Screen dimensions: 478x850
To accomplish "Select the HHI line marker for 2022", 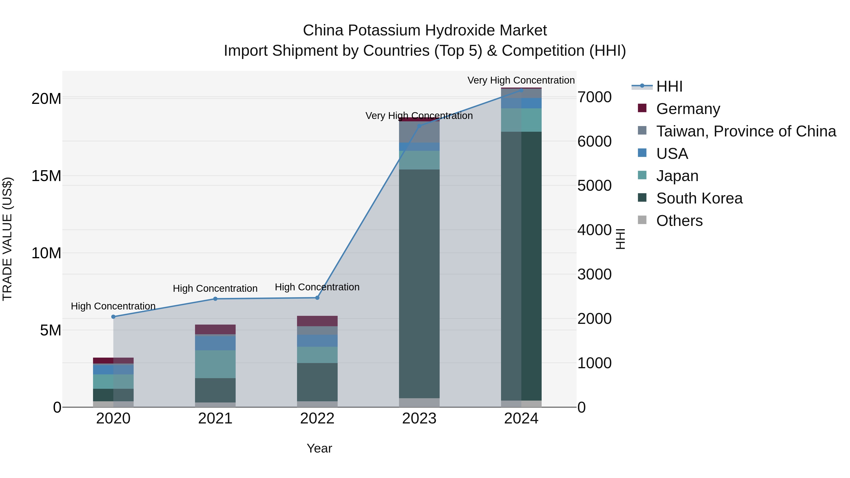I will [x=317, y=298].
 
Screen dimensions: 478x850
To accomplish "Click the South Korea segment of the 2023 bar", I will [x=419, y=284].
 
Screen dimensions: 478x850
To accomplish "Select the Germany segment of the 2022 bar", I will [x=317, y=321].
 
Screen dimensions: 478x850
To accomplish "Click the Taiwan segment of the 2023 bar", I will [x=419, y=132].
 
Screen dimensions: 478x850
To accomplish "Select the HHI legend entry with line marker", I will [x=669, y=86].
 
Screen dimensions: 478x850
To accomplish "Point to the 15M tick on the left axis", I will [x=46, y=176].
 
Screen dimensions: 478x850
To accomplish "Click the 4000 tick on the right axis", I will [x=594, y=230].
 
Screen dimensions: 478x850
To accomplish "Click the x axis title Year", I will [x=319, y=448].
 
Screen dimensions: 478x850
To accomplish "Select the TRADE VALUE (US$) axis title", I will [x=7, y=239].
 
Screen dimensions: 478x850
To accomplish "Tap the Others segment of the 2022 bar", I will [x=317, y=404].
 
